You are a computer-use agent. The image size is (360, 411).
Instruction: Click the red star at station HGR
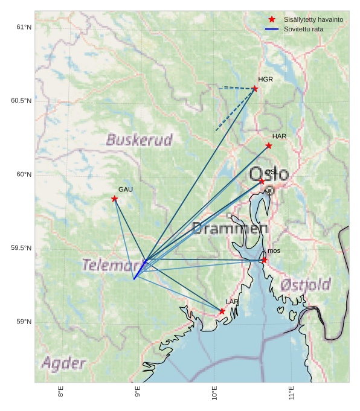255,89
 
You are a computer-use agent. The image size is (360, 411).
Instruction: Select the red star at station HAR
269,145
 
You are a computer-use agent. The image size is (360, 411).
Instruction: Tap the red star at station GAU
114,199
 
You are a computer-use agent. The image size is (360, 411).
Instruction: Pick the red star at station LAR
222,311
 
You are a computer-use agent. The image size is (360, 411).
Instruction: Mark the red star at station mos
265,260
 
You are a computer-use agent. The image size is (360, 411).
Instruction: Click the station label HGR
265,79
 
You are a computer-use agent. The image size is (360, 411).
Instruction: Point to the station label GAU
125,190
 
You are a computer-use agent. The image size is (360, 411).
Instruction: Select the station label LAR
232,302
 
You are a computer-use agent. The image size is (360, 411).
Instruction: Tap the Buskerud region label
139,140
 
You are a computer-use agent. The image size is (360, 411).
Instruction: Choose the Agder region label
63,363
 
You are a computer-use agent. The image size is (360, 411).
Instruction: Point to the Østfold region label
306,285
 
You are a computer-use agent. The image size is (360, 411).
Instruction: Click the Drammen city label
230,228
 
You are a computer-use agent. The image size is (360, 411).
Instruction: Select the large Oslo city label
269,174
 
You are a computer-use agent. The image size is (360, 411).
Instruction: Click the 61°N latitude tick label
24,27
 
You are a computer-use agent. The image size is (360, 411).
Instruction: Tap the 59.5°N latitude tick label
21,248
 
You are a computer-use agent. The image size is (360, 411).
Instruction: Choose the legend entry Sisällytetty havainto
313,19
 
